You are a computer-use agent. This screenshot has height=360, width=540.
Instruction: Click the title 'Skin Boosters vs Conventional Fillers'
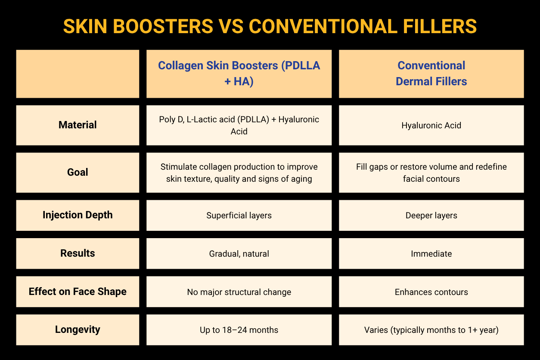270,26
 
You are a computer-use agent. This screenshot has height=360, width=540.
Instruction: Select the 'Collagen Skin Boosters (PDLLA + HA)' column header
239,74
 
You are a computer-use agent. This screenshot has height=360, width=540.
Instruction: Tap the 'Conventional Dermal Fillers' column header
431,74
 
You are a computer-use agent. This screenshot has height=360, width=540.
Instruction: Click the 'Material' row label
78,125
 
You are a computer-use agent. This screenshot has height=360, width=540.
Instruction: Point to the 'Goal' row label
78,172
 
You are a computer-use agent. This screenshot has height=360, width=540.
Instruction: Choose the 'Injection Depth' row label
78,215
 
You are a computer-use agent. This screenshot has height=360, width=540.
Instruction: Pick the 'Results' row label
78,253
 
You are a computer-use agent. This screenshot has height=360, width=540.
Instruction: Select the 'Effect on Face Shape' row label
78,292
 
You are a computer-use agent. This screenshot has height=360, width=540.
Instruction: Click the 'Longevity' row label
78,330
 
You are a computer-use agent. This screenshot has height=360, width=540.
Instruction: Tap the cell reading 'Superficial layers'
239,215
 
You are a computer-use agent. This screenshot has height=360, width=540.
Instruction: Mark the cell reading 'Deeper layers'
431,215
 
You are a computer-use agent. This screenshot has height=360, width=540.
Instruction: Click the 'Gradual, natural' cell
239,254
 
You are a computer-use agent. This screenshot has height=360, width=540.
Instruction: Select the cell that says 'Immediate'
431,254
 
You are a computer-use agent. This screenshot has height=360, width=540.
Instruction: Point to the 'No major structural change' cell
239,292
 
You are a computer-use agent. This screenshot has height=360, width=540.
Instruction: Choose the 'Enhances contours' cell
431,292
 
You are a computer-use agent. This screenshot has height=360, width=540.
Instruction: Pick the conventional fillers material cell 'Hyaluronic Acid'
431,125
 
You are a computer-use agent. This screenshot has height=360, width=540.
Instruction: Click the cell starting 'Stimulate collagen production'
239,172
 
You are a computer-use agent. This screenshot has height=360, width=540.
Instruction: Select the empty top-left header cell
78,74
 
